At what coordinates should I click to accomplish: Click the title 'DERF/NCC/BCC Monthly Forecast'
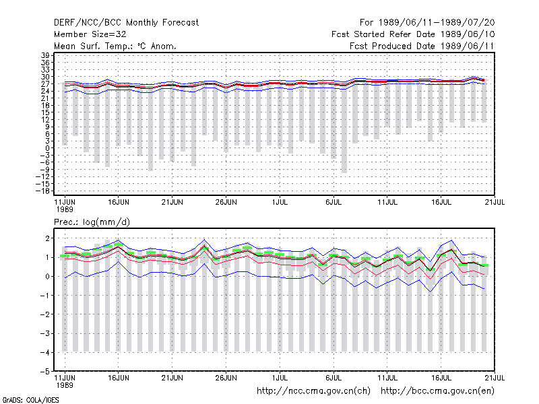point(126,23)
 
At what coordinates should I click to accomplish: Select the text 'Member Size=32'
point(90,34)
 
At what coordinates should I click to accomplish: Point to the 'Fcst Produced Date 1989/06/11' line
point(422,46)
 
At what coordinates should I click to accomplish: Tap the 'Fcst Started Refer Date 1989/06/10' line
point(413,34)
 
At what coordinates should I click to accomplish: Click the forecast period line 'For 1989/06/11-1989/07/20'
point(427,23)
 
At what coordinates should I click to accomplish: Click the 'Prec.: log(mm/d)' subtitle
point(92,222)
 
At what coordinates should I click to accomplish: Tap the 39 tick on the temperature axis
point(45,55)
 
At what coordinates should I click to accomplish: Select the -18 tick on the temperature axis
point(42,191)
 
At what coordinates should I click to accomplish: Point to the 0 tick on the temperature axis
point(47,148)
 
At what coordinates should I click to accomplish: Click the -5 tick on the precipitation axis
point(44,372)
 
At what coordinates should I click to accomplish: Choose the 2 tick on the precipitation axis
point(47,238)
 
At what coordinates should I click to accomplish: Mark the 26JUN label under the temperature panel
point(226,202)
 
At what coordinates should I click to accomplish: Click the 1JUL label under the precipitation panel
point(280,378)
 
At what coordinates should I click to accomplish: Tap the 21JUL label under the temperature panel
point(495,202)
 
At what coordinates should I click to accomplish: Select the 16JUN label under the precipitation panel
point(119,378)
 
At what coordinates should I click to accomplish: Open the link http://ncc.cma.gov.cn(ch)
point(313,391)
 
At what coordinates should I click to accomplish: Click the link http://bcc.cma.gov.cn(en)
point(437,391)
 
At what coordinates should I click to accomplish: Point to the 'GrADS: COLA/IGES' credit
point(30,400)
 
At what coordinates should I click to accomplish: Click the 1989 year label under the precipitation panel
point(65,385)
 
